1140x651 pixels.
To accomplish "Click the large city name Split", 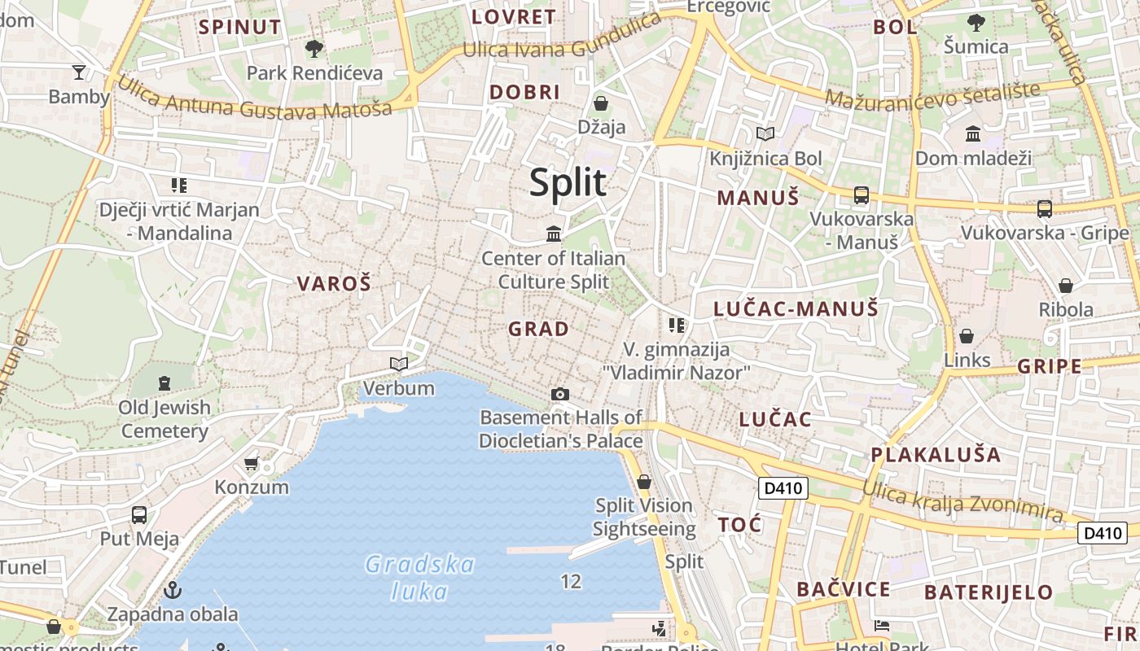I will tap(568, 182).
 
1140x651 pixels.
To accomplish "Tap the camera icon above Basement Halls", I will tap(559, 395).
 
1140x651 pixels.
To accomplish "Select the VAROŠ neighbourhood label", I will tap(334, 284).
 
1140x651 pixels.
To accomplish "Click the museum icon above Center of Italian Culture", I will tap(554, 234).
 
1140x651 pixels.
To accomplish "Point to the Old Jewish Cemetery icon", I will tap(164, 382).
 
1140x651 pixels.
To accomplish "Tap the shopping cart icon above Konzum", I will tap(251, 464).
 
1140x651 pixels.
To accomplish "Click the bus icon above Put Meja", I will tap(139, 515).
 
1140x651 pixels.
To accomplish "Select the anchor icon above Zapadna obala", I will tap(172, 590).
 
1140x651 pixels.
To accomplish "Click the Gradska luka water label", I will tap(420, 577).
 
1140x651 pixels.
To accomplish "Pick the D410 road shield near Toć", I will tap(783, 489).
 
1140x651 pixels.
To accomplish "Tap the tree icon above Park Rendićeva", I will tap(313, 49).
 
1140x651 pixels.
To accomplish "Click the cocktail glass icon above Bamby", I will tap(78, 72).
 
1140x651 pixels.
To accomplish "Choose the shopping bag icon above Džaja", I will tap(601, 103).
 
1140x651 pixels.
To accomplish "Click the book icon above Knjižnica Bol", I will tap(765, 133).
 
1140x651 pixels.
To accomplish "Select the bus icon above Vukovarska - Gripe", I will tap(1045, 209).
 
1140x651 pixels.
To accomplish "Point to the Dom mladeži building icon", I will tap(972, 133).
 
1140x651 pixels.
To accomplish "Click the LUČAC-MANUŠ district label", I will tap(796, 309).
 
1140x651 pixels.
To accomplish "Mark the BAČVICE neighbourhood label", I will tap(843, 590).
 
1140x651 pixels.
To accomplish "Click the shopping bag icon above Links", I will tap(967, 336).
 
